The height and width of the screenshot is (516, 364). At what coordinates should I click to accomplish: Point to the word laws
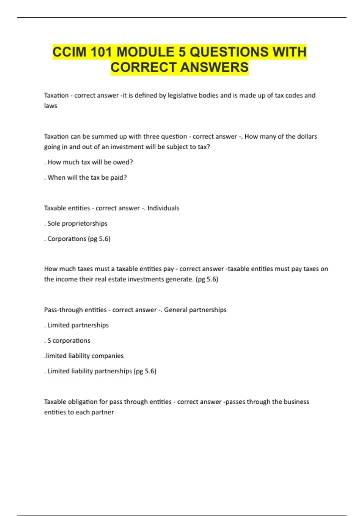pyautogui.click(x=51, y=106)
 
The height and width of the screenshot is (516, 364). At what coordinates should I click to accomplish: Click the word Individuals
pyautogui.click(x=163, y=208)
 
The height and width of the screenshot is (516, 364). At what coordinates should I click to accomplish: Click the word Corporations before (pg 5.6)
pyautogui.click(x=67, y=239)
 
